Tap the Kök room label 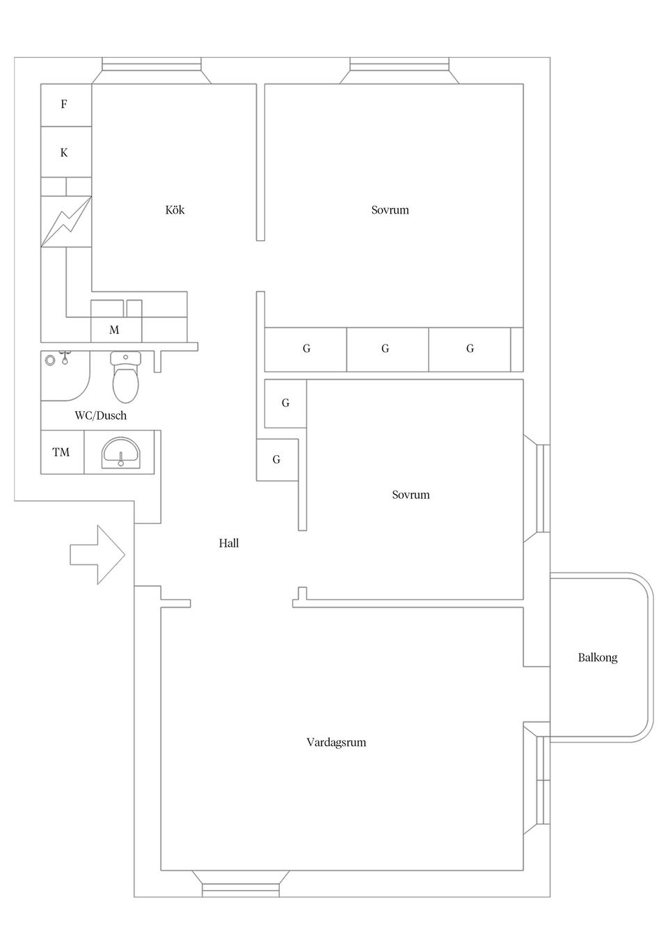click(x=175, y=210)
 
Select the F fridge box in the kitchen click(x=65, y=105)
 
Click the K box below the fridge click(x=65, y=152)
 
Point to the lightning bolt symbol click(x=66, y=222)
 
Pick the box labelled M click(x=115, y=330)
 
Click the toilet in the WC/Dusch click(x=126, y=380)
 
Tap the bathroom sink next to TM click(x=121, y=453)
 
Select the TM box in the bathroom click(x=61, y=452)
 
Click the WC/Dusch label click(x=101, y=416)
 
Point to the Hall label click(x=229, y=543)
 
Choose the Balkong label click(x=598, y=658)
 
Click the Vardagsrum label click(x=336, y=742)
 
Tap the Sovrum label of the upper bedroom click(x=390, y=210)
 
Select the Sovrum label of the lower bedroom click(x=411, y=495)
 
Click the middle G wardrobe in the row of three click(x=386, y=349)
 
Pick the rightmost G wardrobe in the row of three click(x=470, y=349)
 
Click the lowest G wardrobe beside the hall click(x=277, y=460)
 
